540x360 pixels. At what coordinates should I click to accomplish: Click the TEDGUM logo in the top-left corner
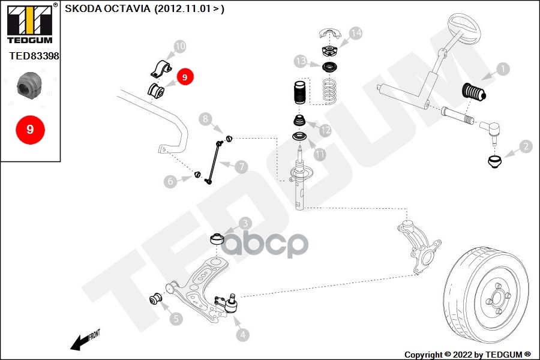point(31,24)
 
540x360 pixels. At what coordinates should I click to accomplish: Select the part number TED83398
point(34,56)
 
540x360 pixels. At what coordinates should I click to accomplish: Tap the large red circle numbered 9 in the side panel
point(31,130)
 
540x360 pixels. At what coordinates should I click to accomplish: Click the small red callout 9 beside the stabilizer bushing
point(185,77)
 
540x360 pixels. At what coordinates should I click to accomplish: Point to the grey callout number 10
point(180,46)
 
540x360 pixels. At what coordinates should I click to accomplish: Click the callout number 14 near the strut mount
point(355,33)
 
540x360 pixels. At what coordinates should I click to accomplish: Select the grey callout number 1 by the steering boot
point(503,69)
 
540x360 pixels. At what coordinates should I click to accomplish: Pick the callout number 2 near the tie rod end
point(526,146)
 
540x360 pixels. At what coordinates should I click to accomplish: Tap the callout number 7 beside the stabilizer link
point(241,167)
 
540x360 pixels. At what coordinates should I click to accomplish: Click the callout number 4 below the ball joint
point(243,335)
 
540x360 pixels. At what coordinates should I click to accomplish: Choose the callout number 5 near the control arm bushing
point(176,319)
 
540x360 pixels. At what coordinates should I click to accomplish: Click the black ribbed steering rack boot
point(473,92)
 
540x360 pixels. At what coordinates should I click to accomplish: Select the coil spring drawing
point(330,91)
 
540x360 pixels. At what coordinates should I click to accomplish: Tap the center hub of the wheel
point(497,298)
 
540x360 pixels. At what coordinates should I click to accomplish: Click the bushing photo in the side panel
point(29,85)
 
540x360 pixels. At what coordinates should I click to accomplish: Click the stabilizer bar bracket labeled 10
point(161,68)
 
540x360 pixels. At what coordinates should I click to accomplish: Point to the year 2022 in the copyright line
point(463,355)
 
